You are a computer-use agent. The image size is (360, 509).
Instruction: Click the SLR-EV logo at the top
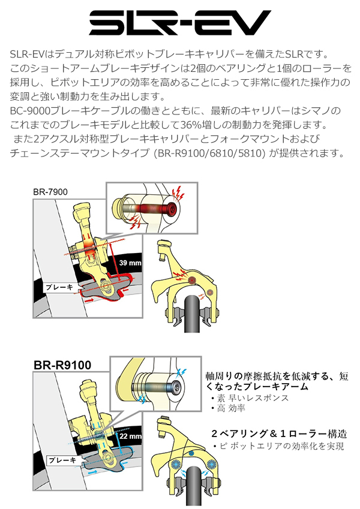[179, 23]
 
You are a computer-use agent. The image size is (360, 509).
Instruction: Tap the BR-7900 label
[50, 192]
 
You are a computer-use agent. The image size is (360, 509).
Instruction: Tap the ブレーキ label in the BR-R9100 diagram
[62, 460]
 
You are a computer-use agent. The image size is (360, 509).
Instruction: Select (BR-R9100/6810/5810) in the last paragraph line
[206, 153]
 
